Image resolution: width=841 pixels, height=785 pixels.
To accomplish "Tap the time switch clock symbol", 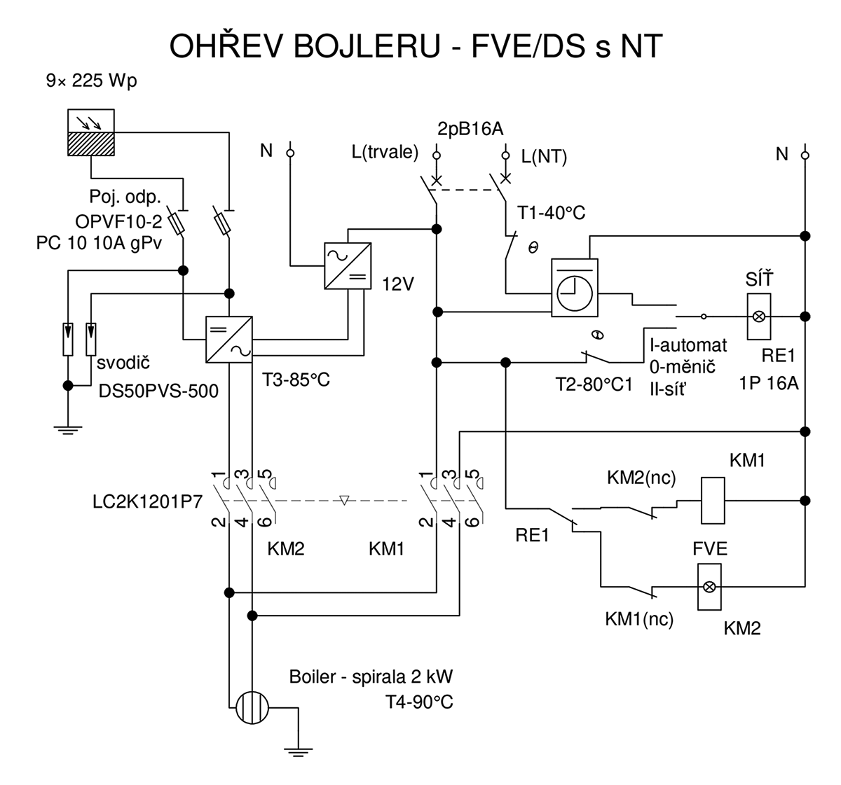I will [x=575, y=288].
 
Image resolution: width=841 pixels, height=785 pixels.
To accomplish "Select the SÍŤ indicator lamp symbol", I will [x=758, y=317].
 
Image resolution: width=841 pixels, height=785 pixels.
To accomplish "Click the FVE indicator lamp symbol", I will [x=709, y=586].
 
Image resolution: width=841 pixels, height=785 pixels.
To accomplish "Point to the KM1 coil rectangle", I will [x=713, y=501].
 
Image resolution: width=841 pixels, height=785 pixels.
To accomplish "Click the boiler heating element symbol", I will [x=251, y=707].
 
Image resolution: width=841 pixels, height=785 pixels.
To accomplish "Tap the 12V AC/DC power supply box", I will [x=348, y=265].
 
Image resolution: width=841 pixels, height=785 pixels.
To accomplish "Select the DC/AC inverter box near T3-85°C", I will [x=229, y=340].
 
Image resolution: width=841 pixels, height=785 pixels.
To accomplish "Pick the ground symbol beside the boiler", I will [x=298, y=753].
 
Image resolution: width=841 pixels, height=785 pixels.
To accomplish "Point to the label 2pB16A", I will [x=470, y=130].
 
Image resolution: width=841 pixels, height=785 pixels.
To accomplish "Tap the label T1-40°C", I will [x=551, y=213].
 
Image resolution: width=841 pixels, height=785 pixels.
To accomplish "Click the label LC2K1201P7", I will [x=147, y=503].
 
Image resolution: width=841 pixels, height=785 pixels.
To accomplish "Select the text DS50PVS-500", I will [x=158, y=390].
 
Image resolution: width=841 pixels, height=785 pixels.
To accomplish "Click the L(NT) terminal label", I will [x=544, y=156].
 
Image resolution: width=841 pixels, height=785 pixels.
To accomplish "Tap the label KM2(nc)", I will [x=641, y=478].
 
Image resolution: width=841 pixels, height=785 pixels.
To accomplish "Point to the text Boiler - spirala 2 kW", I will [x=371, y=677].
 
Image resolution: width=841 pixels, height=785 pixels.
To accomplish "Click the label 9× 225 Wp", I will [x=91, y=81].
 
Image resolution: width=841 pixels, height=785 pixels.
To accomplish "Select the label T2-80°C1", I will [x=594, y=385].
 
